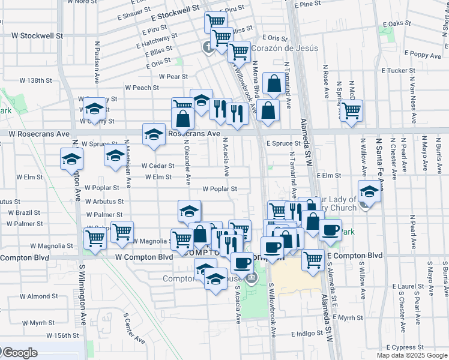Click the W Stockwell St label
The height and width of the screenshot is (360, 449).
click(37, 35)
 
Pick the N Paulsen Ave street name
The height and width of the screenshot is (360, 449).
click(97, 62)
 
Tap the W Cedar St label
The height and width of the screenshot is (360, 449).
click(157, 166)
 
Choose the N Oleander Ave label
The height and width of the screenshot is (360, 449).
click(188, 162)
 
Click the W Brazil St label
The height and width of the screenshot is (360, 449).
click(24, 212)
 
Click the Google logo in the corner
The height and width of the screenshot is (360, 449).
click(20, 353)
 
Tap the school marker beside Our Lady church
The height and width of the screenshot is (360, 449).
click(369, 192)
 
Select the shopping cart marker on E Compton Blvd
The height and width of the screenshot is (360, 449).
click(313, 259)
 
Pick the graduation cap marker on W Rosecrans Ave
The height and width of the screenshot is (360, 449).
click(154, 134)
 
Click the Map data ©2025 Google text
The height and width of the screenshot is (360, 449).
click(412, 355)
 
